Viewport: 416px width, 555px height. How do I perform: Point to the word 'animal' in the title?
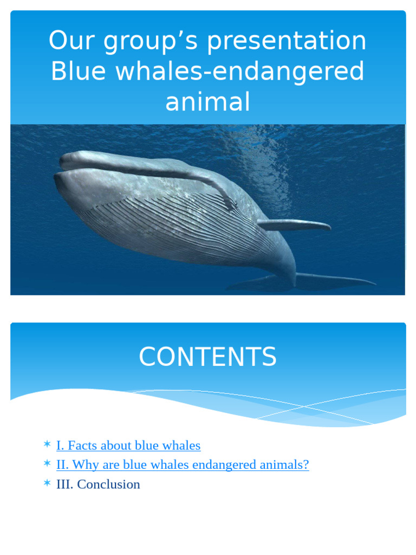click(x=207, y=102)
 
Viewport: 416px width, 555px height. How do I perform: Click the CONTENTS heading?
click(x=207, y=357)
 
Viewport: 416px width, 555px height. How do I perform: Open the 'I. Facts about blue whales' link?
click(x=128, y=446)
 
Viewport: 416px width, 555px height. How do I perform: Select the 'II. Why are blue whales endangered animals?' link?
click(x=183, y=464)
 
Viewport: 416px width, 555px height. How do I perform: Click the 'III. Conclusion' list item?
click(x=98, y=484)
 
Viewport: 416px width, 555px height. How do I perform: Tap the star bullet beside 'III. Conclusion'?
click(x=47, y=483)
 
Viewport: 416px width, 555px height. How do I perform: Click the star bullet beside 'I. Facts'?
click(x=47, y=445)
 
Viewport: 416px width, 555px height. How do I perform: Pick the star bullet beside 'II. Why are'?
click(x=47, y=464)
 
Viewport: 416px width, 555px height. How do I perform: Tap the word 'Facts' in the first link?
click(x=83, y=446)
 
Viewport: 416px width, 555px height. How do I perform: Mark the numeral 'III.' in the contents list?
click(x=65, y=484)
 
